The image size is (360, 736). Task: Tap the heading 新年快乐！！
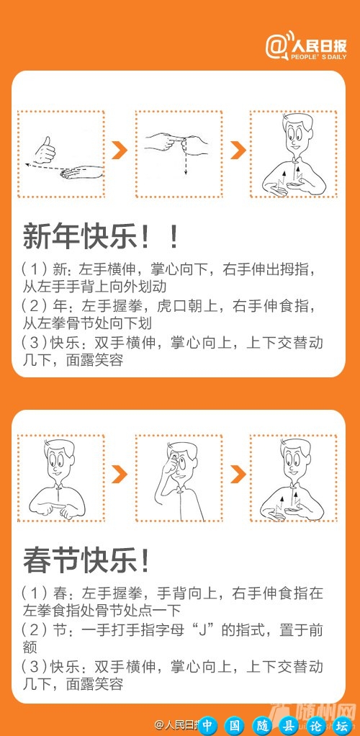100,236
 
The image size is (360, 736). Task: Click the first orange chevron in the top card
120,151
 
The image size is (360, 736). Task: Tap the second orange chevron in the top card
236,151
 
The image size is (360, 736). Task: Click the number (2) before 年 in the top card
34,306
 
